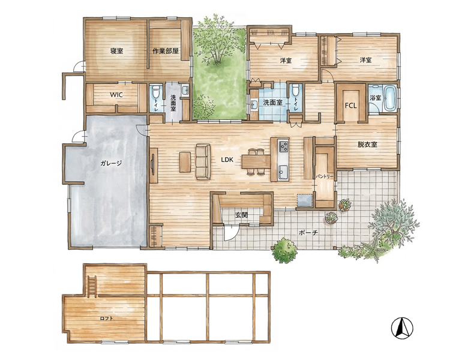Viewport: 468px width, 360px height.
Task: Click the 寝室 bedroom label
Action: click(x=116, y=51)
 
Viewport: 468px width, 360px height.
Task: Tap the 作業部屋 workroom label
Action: click(x=166, y=51)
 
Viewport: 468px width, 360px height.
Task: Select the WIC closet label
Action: click(x=116, y=95)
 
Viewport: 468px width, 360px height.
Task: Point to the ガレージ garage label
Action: click(x=111, y=163)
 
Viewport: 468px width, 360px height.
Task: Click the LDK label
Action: click(x=227, y=160)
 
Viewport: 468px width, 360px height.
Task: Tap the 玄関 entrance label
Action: click(x=241, y=214)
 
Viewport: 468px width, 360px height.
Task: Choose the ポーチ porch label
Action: click(x=308, y=232)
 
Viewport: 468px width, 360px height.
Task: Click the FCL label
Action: click(x=351, y=106)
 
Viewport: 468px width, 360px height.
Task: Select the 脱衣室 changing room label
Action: click(x=367, y=145)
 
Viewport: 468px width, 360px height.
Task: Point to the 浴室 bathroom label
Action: click(x=375, y=98)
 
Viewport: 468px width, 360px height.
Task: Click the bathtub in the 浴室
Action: click(x=390, y=98)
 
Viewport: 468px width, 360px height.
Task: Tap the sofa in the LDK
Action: click(x=203, y=162)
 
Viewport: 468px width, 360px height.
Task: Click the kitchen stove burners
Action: click(x=284, y=146)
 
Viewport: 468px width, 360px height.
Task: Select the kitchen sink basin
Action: click(x=284, y=171)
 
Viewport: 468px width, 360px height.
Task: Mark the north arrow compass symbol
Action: click(x=402, y=328)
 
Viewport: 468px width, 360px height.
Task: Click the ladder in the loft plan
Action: click(x=92, y=287)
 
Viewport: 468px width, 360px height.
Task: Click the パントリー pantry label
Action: click(x=325, y=176)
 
